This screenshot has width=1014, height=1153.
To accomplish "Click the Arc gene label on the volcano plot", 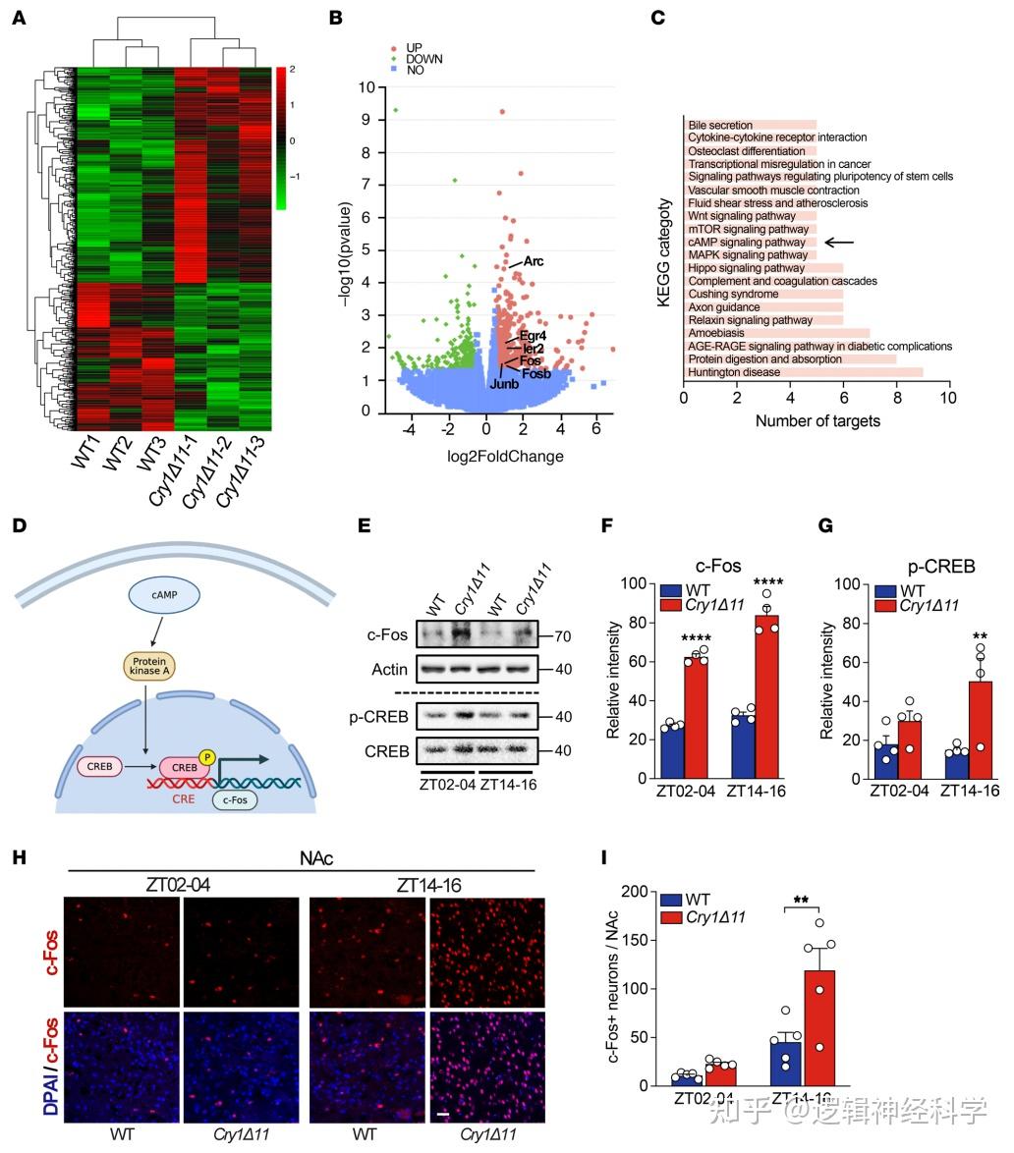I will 534,261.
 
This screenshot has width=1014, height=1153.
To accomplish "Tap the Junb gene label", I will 504,384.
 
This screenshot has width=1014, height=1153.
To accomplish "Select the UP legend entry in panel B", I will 414,47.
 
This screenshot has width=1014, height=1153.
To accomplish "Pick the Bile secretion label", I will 720,126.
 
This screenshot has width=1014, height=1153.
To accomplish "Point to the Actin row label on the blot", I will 390,670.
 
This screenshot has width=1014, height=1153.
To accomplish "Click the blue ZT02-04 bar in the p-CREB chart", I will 885,761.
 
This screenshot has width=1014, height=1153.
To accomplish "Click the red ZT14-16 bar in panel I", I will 819,1027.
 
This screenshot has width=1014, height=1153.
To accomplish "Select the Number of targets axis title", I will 817,421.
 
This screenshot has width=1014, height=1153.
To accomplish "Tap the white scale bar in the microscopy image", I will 443,1115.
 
